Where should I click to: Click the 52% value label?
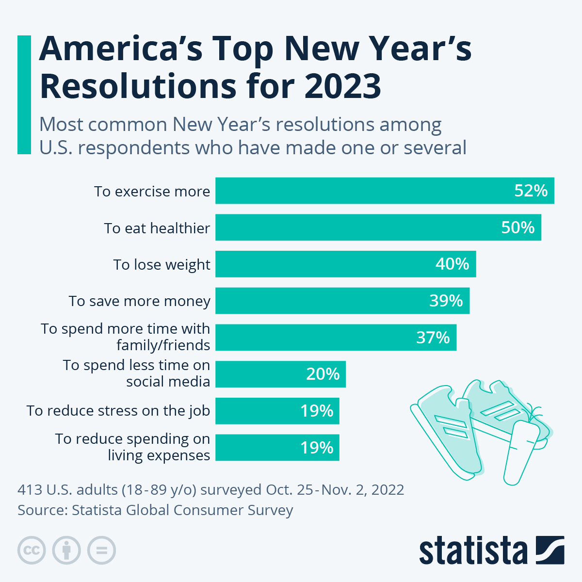(531, 191)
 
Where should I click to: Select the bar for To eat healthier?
(378, 227)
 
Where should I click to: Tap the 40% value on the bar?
(452, 264)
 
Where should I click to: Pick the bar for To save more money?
(342, 301)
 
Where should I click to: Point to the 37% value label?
(433, 337)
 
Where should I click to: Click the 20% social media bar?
(280, 374)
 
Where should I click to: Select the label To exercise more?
(152, 191)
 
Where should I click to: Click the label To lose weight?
(162, 264)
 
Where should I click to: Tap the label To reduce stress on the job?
(118, 410)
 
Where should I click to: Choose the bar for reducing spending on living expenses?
(277, 447)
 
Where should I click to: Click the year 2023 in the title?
(343, 86)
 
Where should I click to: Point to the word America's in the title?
(120, 48)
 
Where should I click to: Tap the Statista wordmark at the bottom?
(473, 550)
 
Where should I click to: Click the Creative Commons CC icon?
(32, 550)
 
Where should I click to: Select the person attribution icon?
(66, 550)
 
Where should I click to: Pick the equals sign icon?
(101, 550)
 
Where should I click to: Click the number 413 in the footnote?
(30, 489)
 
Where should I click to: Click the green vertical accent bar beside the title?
(24, 95)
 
